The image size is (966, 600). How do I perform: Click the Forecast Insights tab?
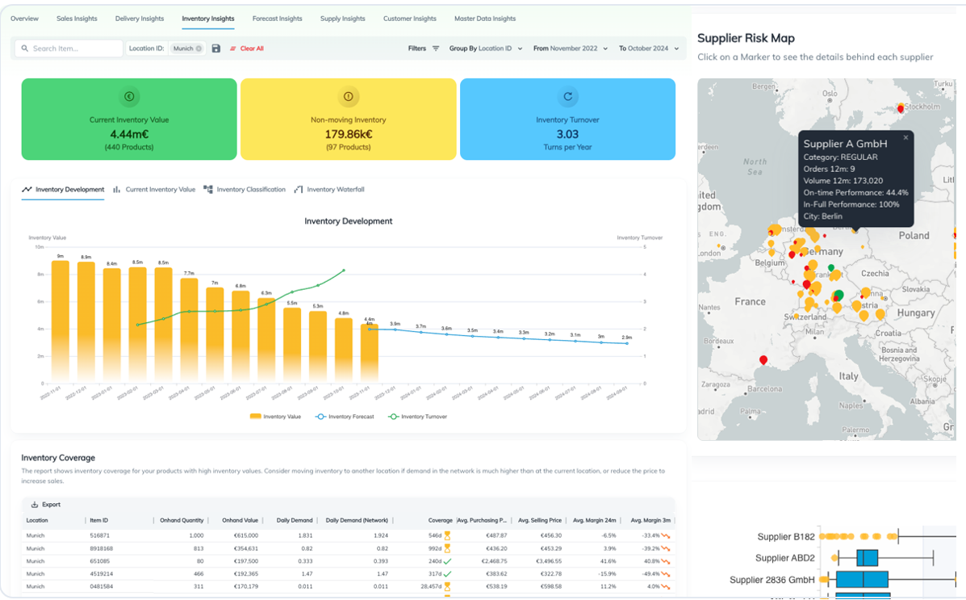click(277, 19)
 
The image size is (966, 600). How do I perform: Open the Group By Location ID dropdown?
click(485, 48)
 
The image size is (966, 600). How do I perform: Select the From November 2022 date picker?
click(570, 48)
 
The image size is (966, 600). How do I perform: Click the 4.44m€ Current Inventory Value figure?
click(129, 134)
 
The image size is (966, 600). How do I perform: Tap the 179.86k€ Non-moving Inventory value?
click(348, 134)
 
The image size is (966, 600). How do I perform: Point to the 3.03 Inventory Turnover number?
click(567, 134)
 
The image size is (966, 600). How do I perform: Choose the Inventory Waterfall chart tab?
click(329, 190)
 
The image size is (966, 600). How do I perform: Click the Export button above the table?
click(46, 505)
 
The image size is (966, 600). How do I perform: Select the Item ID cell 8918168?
click(101, 548)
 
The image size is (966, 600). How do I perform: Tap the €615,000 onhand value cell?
click(242, 535)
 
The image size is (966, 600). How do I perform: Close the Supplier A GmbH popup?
click(905, 138)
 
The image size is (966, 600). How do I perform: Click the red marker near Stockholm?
click(901, 108)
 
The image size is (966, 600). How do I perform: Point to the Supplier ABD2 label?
click(784, 558)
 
